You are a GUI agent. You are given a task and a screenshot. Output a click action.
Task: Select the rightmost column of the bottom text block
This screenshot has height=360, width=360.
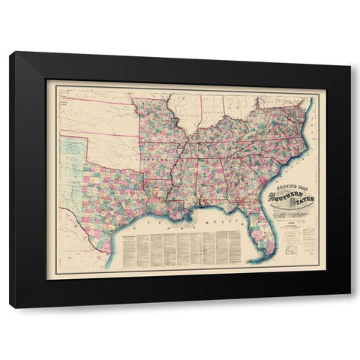tap(235, 247)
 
